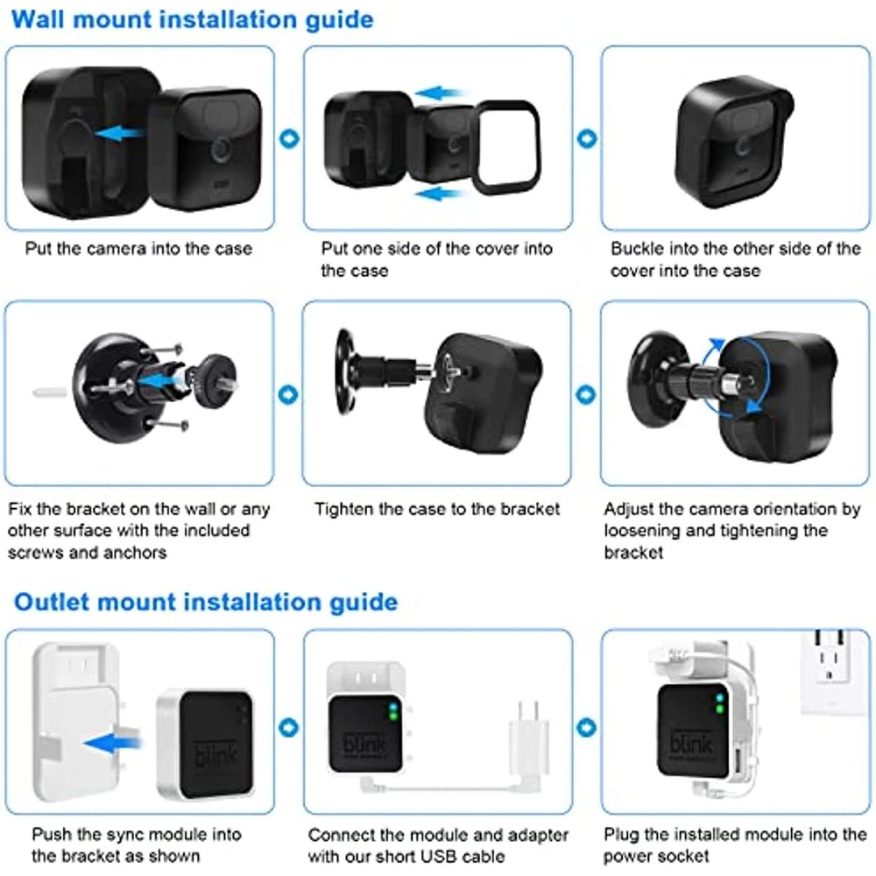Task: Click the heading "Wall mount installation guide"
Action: [192, 19]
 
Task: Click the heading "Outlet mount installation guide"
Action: [206, 603]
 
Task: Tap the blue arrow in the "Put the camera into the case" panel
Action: [118, 133]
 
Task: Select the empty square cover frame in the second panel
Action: [507, 147]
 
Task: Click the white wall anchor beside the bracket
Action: [49, 392]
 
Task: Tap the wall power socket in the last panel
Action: [834, 672]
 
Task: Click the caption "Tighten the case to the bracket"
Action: [437, 509]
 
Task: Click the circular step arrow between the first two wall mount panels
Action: [289, 138]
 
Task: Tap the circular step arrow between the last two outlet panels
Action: [586, 728]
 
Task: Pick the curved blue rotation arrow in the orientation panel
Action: [737, 376]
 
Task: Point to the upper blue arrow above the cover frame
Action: [439, 93]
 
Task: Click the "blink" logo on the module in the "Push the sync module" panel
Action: [215, 752]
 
